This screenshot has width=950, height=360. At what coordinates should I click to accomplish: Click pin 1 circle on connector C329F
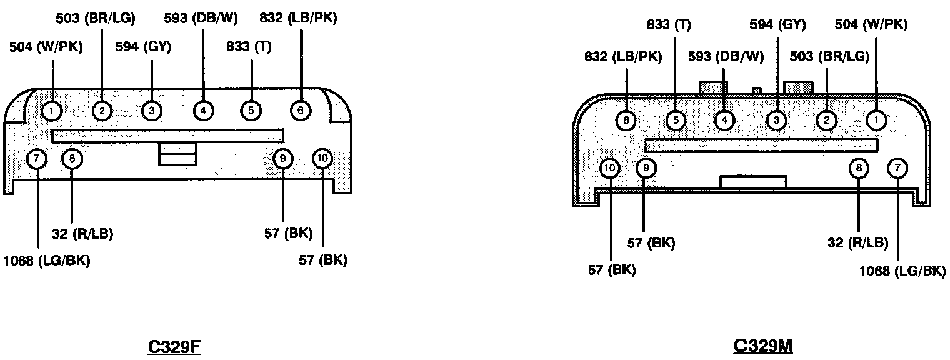point(52,111)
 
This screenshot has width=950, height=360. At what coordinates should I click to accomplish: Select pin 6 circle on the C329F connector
point(301,111)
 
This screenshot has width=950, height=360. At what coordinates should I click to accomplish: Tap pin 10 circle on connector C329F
point(322,159)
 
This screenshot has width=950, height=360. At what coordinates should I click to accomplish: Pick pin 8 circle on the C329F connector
point(72,159)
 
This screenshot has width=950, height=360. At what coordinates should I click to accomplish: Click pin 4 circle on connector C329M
point(724,119)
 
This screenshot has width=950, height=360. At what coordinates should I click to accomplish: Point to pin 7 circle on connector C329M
point(898,167)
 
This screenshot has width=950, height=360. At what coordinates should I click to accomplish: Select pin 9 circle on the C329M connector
point(646,167)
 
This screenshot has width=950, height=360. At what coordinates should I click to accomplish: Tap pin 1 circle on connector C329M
point(876,119)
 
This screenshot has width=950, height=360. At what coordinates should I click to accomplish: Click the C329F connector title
point(174,346)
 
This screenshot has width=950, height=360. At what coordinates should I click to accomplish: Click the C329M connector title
point(762,346)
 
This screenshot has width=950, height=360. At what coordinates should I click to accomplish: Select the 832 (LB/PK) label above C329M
point(622,56)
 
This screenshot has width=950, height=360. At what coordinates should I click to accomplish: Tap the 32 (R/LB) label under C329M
point(857,243)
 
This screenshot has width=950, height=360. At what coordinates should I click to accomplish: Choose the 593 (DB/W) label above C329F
point(201,18)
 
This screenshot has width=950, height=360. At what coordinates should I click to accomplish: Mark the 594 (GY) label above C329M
point(777,25)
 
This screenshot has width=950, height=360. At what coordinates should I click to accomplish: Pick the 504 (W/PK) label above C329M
point(871,25)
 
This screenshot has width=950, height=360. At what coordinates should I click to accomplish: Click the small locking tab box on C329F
point(178,154)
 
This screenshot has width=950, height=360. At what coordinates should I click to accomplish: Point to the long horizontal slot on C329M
point(761,145)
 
